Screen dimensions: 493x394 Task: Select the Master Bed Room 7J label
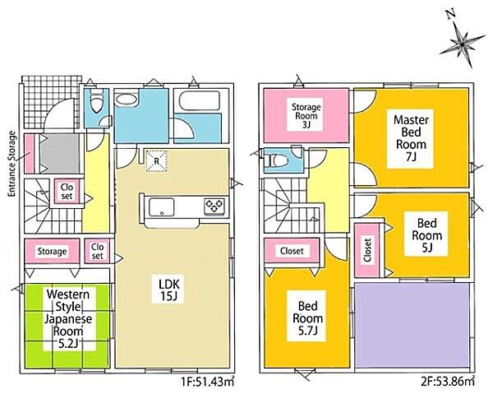point(411,138)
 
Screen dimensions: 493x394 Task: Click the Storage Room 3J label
point(306,116)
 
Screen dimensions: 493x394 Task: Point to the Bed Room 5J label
point(427,235)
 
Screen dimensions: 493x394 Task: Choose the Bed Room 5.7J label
point(307,318)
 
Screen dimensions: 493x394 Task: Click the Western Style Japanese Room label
point(68,319)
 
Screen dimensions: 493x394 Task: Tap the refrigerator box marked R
point(156,161)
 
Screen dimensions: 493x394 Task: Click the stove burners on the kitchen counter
point(214,206)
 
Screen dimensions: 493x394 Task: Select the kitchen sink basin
point(162,206)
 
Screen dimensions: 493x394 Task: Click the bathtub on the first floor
point(199,100)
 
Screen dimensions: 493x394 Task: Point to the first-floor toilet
point(95,101)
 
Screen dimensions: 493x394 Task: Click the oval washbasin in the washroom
point(127,100)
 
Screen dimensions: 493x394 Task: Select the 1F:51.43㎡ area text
point(207,382)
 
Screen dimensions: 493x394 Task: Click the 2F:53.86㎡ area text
point(448,382)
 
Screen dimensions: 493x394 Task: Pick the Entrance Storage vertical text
point(12,164)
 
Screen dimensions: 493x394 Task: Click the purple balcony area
point(412,325)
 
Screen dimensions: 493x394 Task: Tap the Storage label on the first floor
point(52,251)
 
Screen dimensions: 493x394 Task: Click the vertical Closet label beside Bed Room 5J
point(367,250)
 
